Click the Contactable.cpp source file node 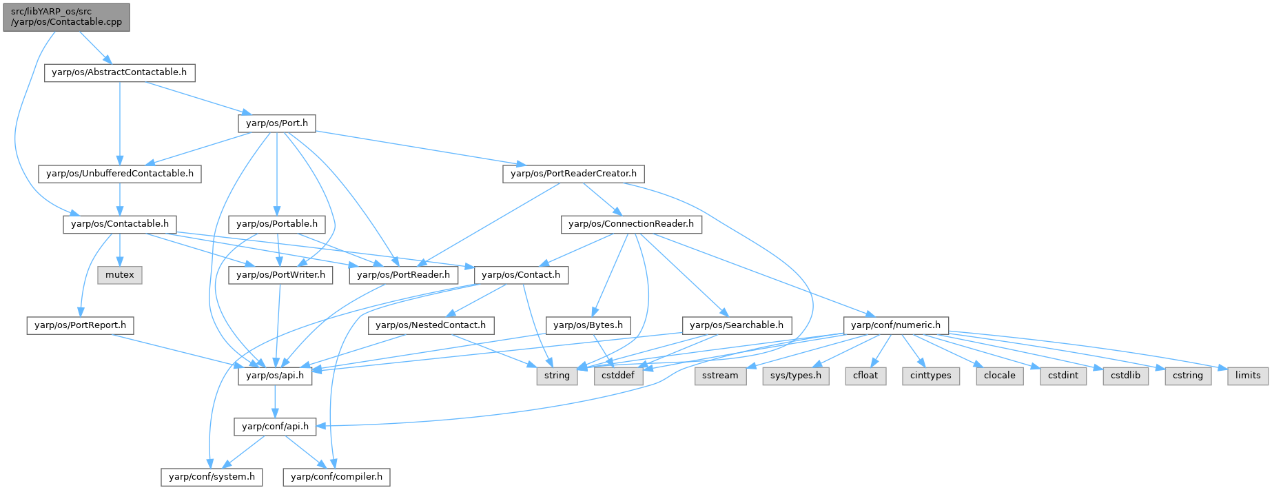66,17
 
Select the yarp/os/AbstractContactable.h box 119,72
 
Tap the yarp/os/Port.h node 276,123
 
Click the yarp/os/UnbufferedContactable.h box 120,174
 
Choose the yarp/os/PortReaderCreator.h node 573,174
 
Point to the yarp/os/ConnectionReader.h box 631,224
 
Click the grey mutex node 120,274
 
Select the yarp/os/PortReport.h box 81,325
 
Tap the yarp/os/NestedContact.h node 431,325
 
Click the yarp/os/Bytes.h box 588,325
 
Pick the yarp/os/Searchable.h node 736,325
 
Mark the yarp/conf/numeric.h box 895,325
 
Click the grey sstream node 720,376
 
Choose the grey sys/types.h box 796,376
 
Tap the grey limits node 1248,376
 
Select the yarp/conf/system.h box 212,476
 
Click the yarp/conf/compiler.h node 337,476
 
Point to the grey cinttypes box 930,376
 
